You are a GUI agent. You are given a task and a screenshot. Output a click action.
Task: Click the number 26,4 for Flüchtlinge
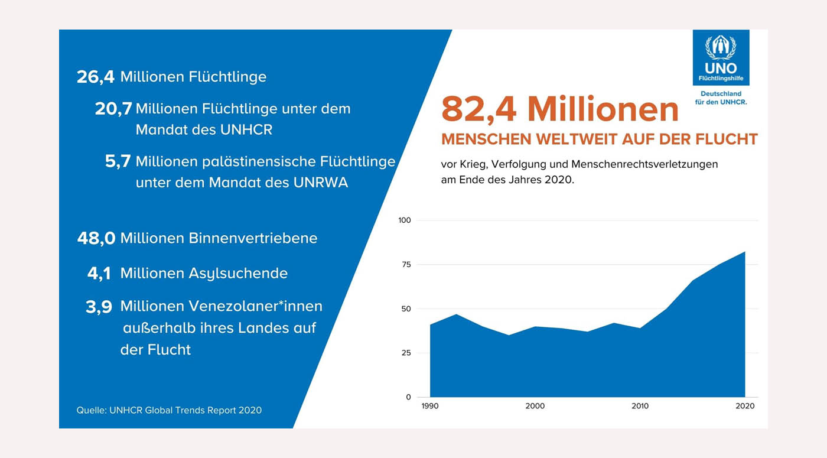tap(96, 77)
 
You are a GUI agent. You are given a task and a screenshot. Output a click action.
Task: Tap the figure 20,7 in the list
tap(113, 109)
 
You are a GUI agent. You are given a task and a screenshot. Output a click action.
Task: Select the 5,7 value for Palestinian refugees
tap(118, 162)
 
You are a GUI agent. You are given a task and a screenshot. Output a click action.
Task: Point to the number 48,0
tap(96, 238)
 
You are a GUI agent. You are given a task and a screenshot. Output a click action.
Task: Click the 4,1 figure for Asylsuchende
tap(99, 274)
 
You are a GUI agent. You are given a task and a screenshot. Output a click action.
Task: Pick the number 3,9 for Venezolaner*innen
tap(99, 307)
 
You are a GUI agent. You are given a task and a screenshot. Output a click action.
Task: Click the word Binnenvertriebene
tap(253, 238)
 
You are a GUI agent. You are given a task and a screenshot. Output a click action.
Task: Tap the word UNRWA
tap(320, 183)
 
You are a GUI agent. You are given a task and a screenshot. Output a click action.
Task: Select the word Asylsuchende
tap(238, 274)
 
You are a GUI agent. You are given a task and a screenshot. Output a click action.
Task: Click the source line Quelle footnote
tap(169, 410)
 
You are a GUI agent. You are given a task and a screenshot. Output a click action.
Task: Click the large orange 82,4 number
tap(478, 109)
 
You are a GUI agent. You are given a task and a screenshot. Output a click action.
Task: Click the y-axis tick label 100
tap(405, 220)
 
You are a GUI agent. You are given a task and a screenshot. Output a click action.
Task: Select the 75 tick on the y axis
tap(406, 265)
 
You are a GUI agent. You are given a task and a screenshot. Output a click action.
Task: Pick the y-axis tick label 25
tap(406, 353)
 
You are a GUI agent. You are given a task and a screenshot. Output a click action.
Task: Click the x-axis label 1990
tap(430, 406)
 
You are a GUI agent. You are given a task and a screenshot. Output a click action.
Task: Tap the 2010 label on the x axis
tap(640, 406)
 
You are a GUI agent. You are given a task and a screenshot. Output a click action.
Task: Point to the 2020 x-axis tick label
tap(745, 406)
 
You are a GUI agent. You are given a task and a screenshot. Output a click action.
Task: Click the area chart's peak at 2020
tap(745, 252)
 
